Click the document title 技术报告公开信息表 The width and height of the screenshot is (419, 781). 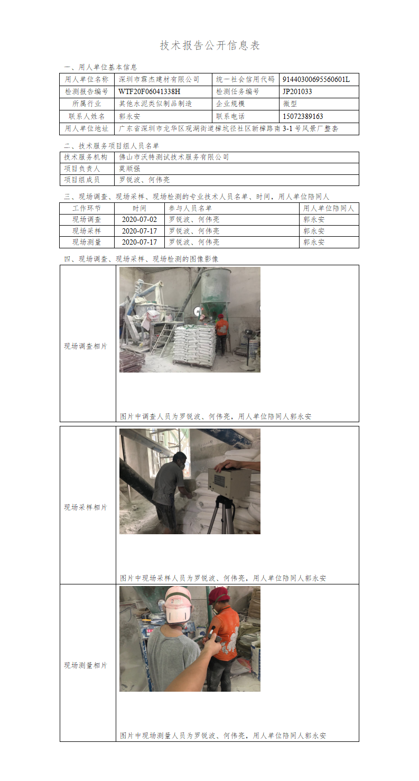pos(210,45)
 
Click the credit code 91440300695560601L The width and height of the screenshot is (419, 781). pos(316,79)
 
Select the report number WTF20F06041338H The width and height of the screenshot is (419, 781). pos(149,92)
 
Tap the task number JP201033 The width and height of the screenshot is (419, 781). pos(297,92)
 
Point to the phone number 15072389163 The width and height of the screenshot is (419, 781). pos(303,116)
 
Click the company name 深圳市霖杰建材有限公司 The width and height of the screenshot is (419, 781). pos(159,79)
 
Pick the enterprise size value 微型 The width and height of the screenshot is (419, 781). pos(290,104)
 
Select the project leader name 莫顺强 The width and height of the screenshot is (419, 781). pos(129,169)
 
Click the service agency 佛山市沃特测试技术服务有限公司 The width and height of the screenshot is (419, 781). pos(174,157)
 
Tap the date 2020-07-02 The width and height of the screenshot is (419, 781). pos(139,220)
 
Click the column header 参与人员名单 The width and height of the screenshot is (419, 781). pos(190,209)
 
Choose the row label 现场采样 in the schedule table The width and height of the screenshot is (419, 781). pos(87,231)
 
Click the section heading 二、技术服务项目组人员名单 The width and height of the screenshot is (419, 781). pos(111,146)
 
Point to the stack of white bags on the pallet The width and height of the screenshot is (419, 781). pos(194,345)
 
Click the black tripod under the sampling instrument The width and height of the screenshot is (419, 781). pos(223,515)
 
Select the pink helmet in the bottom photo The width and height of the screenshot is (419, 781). pos(178,605)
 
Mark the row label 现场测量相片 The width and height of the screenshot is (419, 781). pos(86,665)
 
